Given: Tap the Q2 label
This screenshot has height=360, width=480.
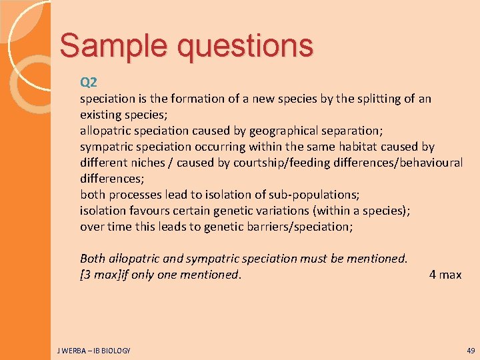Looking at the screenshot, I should point(89,83).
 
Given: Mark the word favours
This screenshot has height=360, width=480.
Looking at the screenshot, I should point(148,211).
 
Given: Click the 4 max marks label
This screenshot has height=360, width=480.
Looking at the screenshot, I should point(445,275).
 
